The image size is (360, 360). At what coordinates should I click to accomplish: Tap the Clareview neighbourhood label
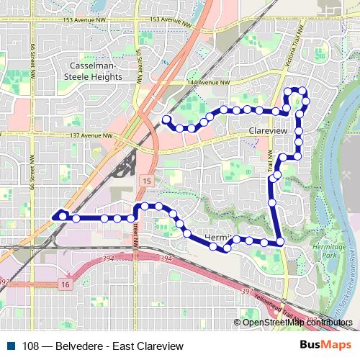(267, 132)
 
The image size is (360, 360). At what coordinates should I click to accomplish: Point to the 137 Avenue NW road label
(88, 135)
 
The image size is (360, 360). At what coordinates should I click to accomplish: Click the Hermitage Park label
(330, 251)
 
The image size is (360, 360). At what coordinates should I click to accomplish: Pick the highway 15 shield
(146, 180)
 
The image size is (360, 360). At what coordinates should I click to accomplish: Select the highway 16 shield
(65, 285)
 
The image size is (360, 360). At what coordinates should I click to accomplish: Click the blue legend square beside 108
(12, 346)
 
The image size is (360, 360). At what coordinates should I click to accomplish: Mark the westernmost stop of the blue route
(63, 215)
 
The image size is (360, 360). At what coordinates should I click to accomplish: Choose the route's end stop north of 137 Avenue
(166, 119)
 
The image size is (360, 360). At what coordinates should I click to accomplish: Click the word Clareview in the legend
(160, 346)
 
